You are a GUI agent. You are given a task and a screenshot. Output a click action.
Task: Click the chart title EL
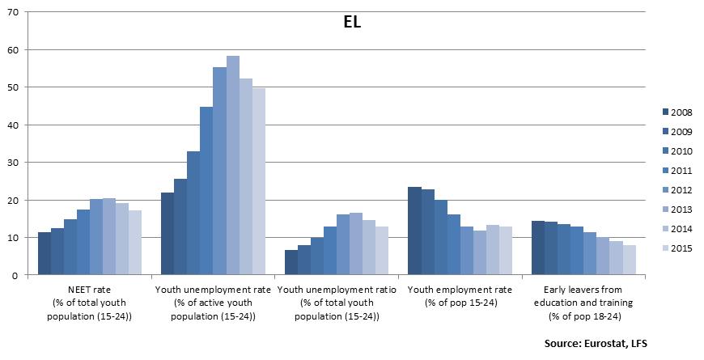coord(352,22)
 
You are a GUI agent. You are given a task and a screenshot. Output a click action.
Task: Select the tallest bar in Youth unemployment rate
coord(233,166)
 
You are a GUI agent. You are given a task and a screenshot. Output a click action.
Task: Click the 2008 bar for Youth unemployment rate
coord(168,234)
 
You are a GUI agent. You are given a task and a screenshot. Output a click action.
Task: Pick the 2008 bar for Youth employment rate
coord(414,231)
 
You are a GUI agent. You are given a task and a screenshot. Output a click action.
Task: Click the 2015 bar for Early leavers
coord(629,260)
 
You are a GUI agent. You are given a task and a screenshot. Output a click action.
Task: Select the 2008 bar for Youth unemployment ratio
coord(291,263)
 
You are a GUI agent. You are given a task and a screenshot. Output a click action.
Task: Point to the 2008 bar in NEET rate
coord(45,254)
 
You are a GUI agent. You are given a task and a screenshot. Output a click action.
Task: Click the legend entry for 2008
coord(675,112)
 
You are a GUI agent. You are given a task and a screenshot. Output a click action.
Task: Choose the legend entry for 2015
coord(675,247)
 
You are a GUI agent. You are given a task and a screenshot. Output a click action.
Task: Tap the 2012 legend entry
coord(675,189)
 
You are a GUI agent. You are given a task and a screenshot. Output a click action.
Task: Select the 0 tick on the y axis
coord(19,275)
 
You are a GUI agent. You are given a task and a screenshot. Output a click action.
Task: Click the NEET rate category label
coord(90,302)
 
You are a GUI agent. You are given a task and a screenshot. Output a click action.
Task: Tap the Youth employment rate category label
coord(460,294)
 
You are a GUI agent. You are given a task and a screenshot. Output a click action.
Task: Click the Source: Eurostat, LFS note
coord(596,344)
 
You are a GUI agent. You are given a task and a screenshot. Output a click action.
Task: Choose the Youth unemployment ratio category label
coord(337,302)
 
